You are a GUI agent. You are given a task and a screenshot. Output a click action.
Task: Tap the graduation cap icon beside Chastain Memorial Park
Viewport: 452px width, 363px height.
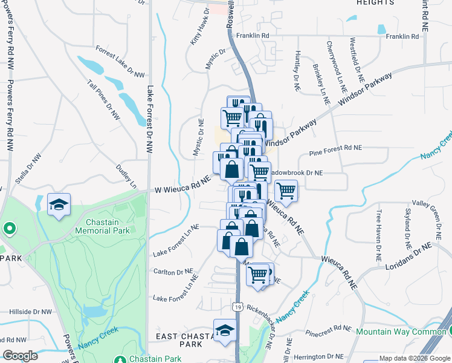point(59,206)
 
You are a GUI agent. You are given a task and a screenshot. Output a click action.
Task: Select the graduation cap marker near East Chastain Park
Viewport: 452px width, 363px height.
point(225,331)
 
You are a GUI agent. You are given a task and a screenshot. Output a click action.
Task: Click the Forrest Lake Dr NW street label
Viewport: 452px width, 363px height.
point(121,62)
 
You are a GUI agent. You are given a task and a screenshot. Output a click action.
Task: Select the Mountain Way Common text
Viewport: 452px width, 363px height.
point(401,332)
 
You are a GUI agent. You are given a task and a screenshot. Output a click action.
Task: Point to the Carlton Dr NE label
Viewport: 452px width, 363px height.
point(173,271)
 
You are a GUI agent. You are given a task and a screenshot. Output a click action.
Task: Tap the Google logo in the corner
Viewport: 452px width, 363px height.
point(20,356)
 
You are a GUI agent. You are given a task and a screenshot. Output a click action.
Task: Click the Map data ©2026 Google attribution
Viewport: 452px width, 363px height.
point(414,358)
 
